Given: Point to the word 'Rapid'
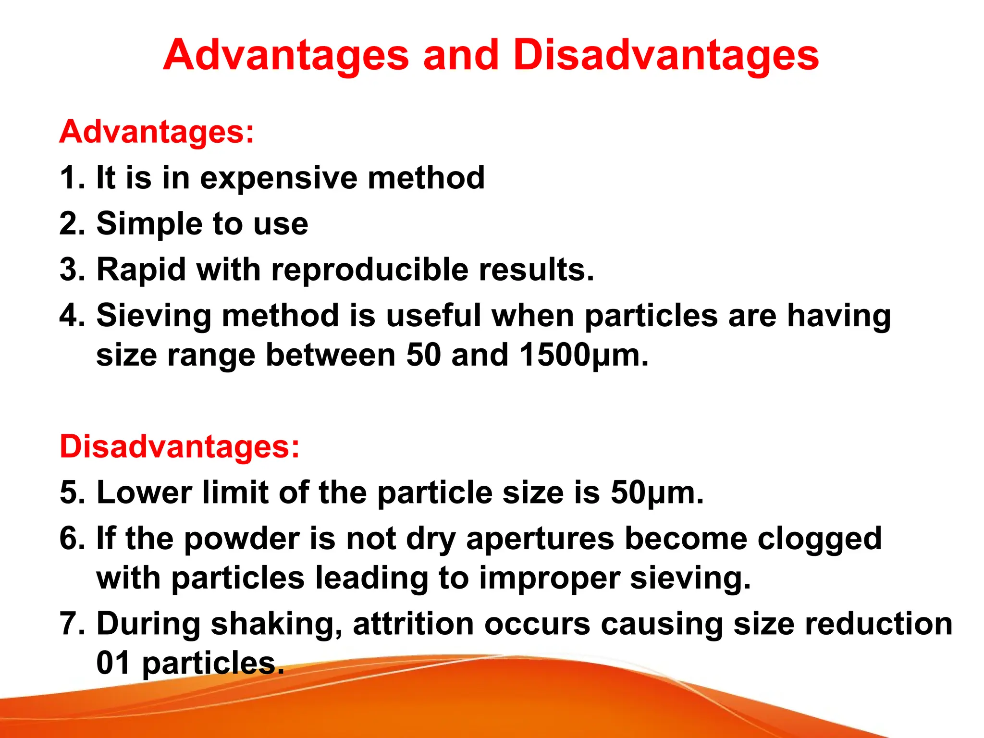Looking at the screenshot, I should click(x=141, y=269).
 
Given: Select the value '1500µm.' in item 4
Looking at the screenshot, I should click(x=584, y=356).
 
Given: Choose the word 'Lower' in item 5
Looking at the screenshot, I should click(x=144, y=492).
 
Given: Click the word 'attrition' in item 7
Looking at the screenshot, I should click(x=413, y=624).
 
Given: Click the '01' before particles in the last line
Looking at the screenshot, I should click(x=113, y=663).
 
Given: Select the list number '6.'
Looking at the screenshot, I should click(x=72, y=539).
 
